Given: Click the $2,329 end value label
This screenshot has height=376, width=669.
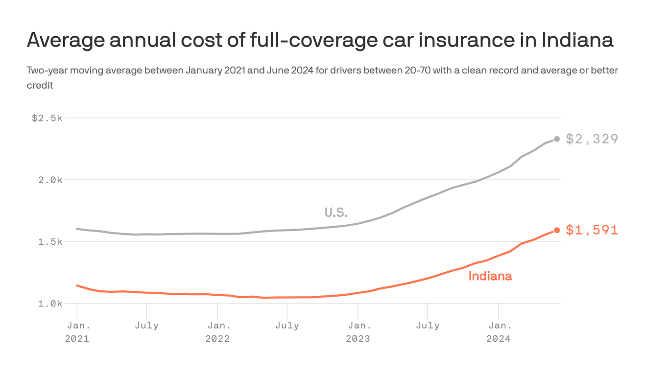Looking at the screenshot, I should pyautogui.click(x=592, y=139).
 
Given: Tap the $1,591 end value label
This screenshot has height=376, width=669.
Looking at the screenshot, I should pyautogui.click(x=592, y=230).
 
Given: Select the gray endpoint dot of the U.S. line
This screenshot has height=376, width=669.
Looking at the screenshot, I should pyautogui.click(x=557, y=139).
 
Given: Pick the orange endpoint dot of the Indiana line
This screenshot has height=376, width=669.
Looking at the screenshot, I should pyautogui.click(x=557, y=230).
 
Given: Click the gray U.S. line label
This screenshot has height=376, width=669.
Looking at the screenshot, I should pyautogui.click(x=336, y=212).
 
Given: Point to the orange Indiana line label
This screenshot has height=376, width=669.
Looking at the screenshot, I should pyautogui.click(x=490, y=276).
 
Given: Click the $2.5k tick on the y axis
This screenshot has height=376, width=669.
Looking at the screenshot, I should pyautogui.click(x=47, y=118).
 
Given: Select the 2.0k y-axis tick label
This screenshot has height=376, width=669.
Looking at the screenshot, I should pyautogui.click(x=49, y=180).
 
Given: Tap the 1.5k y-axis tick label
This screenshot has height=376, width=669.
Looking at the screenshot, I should pyautogui.click(x=49, y=242).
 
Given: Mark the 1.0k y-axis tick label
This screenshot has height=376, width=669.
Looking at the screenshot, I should pyautogui.click(x=49, y=304).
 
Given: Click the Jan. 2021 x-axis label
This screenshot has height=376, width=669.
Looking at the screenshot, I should pyautogui.click(x=77, y=331).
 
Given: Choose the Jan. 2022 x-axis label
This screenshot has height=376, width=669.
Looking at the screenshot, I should pyautogui.click(x=217, y=331).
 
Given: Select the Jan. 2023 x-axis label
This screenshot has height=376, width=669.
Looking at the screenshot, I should pyautogui.click(x=358, y=331).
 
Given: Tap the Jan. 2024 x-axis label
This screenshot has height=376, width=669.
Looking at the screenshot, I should pyautogui.click(x=498, y=331).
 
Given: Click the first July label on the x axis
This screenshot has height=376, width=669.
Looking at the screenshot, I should pyautogui.click(x=146, y=326).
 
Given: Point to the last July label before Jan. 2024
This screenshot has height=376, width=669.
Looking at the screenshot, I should pyautogui.click(x=428, y=326).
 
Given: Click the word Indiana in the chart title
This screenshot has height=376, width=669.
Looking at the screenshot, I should pyautogui.click(x=577, y=40).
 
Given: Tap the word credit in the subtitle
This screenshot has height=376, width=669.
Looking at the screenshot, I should pyautogui.click(x=40, y=85).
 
